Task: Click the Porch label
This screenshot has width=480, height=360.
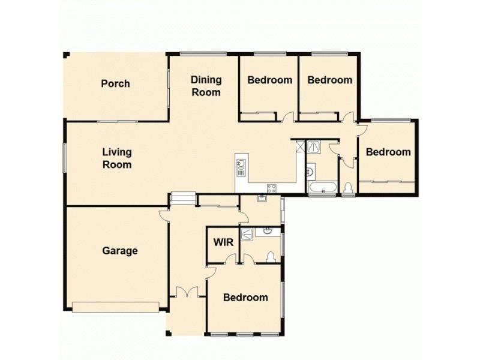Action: click(115, 83)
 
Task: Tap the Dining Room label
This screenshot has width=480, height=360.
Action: click(206, 86)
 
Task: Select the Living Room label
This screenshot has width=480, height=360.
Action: click(116, 158)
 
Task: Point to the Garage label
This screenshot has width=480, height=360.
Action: click(119, 251)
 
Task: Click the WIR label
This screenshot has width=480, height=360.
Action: click(223, 243)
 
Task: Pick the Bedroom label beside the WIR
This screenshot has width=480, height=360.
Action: click(245, 298)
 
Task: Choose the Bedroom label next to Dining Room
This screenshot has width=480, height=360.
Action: click(270, 80)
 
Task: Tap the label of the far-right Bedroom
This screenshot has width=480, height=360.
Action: click(388, 152)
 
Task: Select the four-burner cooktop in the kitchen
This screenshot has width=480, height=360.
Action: click(271, 188)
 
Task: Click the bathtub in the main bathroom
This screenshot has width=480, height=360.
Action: click(323, 187)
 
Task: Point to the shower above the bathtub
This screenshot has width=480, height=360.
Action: click(314, 147)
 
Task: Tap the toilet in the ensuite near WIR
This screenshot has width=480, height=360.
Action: click(270, 257)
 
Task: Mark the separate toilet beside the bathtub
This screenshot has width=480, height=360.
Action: click(348, 188)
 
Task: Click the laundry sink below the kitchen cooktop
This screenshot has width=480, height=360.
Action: click(262, 198)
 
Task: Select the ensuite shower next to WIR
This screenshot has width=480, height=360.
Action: click(247, 235)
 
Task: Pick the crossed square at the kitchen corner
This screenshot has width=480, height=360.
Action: click(301, 146)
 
